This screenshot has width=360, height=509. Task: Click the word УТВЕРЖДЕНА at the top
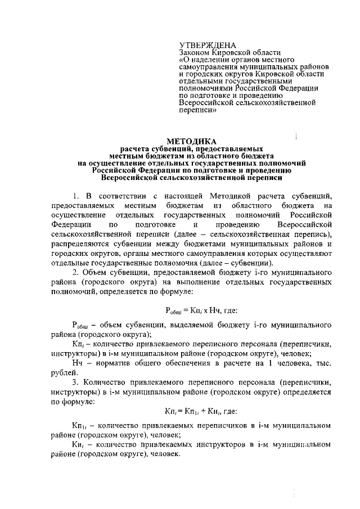[x=208, y=45]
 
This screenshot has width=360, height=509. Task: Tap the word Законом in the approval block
[x=194, y=52]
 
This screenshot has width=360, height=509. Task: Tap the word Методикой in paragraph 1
[x=232, y=195]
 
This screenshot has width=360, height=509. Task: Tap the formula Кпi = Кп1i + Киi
[x=191, y=412]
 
